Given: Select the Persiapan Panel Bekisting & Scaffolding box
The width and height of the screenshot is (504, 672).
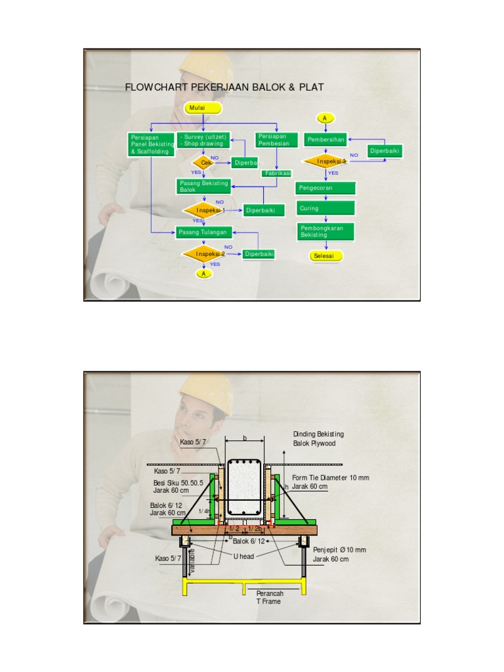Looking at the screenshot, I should tap(151, 144).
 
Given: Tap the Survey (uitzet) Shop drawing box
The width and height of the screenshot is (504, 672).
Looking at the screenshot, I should tap(203, 140).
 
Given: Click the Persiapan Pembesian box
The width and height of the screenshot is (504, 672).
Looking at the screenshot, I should tap(276, 140).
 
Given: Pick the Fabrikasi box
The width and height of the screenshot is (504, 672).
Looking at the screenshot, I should tap(277, 173).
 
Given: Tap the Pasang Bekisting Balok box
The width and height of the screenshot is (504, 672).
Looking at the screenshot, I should tap(203, 186).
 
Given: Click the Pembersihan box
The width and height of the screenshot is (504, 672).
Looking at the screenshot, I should tap(325, 140).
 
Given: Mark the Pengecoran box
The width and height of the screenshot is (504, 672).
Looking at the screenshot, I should tap(325, 188).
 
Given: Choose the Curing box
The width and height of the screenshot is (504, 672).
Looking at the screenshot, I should tap(325, 208).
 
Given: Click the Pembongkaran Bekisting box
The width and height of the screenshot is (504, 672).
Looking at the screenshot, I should tap(325, 231).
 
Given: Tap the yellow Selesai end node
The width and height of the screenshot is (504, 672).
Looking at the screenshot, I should tap(325, 255).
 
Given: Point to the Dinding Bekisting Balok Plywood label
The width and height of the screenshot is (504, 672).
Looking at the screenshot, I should tap(318, 438).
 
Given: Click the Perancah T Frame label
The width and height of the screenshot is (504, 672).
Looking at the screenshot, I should tap(268, 597).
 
